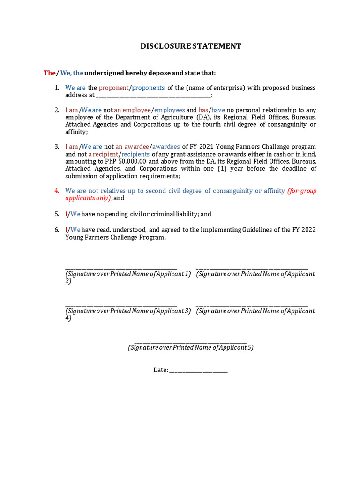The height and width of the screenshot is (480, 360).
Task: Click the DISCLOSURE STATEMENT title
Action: pos(191,46)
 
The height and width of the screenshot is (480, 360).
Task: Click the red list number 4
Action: pos(56,191)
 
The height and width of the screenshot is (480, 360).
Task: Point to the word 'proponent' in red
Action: pos(113,88)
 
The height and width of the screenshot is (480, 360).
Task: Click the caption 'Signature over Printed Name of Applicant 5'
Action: pos(190,348)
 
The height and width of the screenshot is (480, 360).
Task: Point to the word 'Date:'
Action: pos(160,370)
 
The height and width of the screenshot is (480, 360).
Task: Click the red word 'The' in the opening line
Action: pos(49,73)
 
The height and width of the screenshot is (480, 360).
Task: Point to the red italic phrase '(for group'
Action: pos(301,191)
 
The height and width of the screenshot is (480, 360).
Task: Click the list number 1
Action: pos(56,88)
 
